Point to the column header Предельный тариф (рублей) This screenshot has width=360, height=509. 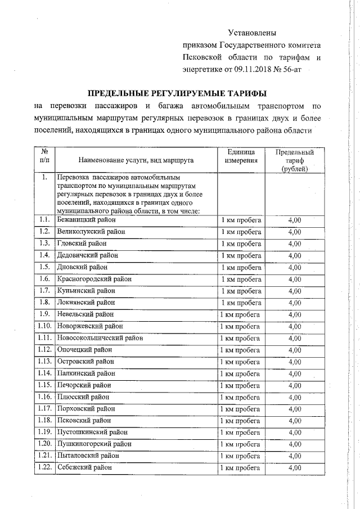tap(294, 160)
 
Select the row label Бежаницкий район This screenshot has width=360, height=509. tap(85, 219)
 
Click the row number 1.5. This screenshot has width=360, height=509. tap(45, 267)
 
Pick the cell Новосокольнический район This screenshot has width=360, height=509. tap(100, 338)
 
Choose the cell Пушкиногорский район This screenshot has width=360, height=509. tap(92, 444)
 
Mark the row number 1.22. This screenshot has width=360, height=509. tap(45, 467)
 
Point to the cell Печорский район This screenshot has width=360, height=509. tap(84, 385)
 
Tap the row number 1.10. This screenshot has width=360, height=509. tap(45, 326)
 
